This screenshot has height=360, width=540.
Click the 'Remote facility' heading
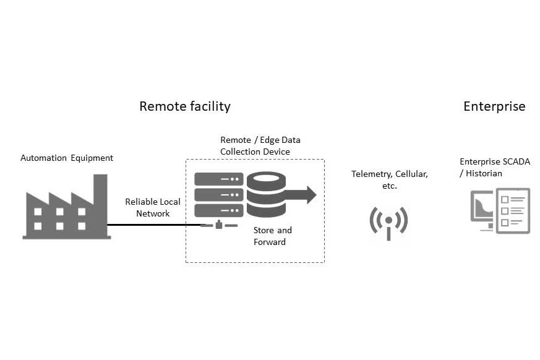(184, 106)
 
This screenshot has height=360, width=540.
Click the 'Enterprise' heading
(494, 106)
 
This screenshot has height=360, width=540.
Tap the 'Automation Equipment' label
(67, 158)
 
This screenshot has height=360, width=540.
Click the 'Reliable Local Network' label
(153, 207)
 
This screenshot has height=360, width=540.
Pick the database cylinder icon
(265, 194)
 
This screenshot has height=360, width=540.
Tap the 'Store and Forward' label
(272, 236)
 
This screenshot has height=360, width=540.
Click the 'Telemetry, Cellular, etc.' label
(389, 179)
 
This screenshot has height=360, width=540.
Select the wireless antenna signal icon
(388, 221)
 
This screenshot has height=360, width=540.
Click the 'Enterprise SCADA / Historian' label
(489, 168)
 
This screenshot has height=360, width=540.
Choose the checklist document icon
(513, 210)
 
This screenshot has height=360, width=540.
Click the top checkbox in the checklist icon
(504, 199)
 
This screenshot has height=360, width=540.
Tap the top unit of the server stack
(219, 179)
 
